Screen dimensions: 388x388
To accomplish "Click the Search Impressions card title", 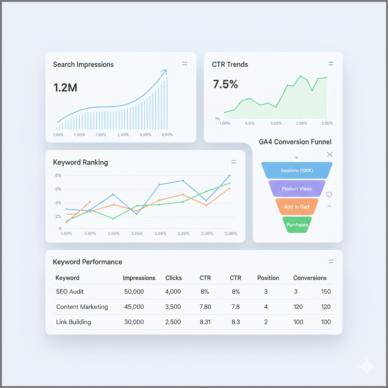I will [83, 64].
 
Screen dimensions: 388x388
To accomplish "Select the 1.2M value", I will [65, 88].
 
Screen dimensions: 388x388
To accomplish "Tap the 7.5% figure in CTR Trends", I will [225, 84].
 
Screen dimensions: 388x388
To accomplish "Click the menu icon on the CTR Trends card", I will [331, 64].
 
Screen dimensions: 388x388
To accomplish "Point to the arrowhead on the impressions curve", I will [164, 71].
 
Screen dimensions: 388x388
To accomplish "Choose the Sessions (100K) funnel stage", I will [297, 171].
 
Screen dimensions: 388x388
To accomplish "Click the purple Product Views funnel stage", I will [297, 189].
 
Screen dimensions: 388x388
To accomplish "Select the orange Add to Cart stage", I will [297, 207].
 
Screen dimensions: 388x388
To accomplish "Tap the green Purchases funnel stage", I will [297, 225].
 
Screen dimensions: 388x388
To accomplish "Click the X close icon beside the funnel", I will [330, 154].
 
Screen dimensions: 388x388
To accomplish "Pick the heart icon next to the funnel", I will [329, 194].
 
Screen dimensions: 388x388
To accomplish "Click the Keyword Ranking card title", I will [80, 163].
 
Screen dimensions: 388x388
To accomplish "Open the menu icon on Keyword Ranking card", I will [234, 162].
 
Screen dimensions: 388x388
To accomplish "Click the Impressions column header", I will [139, 278].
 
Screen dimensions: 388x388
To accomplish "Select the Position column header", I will [268, 278].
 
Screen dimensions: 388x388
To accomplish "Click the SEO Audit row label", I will [70, 292].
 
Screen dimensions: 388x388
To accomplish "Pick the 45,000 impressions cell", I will [134, 307].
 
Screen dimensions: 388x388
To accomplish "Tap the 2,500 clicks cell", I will [173, 322].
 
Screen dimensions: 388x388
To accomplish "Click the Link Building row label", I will [74, 322].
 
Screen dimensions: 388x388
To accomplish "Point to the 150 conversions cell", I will [325, 292].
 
